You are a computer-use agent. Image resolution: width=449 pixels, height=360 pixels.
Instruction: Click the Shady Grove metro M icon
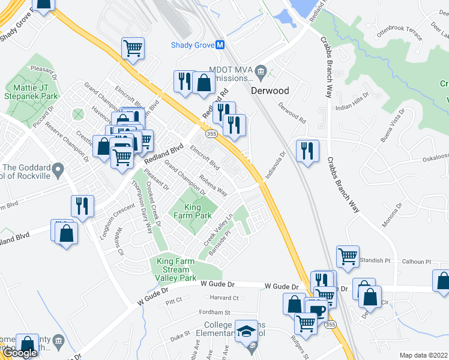[x=220, y=45]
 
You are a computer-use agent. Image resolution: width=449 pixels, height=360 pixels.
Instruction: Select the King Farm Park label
[x=197, y=211]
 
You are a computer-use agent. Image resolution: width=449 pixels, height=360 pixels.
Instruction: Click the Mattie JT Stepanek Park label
[x=31, y=92]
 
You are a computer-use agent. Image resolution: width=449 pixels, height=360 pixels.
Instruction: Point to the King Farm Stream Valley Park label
[x=176, y=269]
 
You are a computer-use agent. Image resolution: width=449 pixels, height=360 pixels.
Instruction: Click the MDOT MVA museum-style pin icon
[x=261, y=73]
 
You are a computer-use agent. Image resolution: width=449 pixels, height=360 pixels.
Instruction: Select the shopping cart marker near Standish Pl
[x=348, y=256]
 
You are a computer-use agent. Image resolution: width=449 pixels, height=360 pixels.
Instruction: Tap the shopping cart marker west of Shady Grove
[x=133, y=47]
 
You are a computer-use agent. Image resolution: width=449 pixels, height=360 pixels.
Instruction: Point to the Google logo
[x=20, y=353]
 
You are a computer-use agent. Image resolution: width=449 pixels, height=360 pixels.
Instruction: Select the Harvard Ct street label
[x=224, y=298]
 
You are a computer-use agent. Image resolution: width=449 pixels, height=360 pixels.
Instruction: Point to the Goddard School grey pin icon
[x=58, y=172]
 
